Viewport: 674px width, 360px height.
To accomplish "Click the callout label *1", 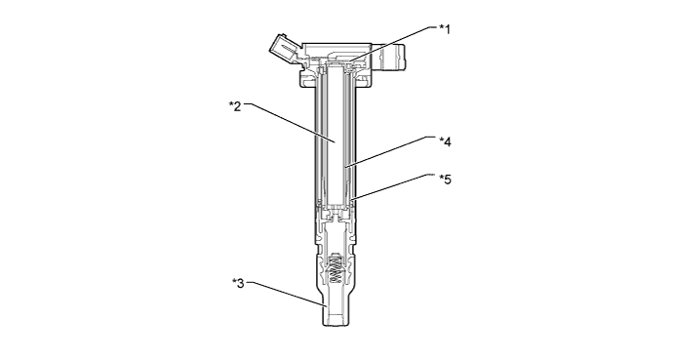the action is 445,29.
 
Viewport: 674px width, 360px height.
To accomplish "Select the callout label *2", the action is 235,105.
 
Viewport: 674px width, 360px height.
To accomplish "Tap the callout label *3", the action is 238,284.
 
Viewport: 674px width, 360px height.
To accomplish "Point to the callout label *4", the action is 445,141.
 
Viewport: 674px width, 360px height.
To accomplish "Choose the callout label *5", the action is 445,179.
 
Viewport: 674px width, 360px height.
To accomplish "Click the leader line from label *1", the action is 393,43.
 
